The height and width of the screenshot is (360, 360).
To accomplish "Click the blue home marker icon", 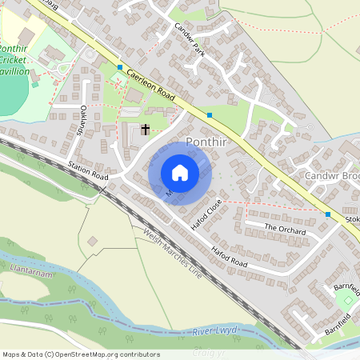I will click(180, 173).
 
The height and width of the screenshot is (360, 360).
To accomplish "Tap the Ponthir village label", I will click(208, 142).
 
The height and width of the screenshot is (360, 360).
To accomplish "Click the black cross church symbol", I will click(146, 129).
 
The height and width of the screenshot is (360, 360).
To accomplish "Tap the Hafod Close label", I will click(206, 216).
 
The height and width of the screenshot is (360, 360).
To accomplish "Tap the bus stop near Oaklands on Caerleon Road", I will click(120, 67).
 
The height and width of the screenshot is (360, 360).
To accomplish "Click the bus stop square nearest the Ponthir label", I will click(210, 115).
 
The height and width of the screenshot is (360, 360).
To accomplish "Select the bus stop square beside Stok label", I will click(328, 214).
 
